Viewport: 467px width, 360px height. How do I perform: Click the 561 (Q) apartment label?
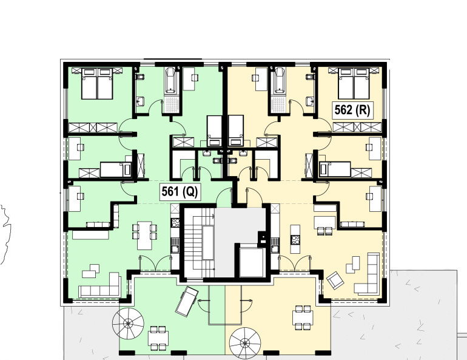(x=180, y=192)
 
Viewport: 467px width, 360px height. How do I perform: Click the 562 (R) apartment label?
(x=352, y=110)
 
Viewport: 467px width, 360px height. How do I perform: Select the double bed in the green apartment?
(x=97, y=84)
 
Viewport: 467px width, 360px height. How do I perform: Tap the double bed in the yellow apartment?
(x=354, y=84)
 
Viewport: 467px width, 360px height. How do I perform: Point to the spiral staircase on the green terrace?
(x=128, y=324)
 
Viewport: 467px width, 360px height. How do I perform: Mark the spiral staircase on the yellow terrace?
(x=245, y=343)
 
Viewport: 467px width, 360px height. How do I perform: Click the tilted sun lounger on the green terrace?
(x=187, y=301)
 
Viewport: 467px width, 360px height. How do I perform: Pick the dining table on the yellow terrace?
(x=303, y=318)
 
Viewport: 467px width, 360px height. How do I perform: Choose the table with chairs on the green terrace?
(x=158, y=339)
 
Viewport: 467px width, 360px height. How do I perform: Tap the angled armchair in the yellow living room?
(x=335, y=280)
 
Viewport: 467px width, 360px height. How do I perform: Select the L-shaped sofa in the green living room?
(x=100, y=285)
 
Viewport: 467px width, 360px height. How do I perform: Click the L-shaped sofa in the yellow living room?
(x=367, y=274)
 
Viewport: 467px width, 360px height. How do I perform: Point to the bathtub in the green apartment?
(x=171, y=80)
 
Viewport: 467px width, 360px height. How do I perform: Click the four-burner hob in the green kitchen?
(x=175, y=223)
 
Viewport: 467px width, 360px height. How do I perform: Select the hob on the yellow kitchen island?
(x=295, y=240)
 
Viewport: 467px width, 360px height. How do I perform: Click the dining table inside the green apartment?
(x=144, y=236)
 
